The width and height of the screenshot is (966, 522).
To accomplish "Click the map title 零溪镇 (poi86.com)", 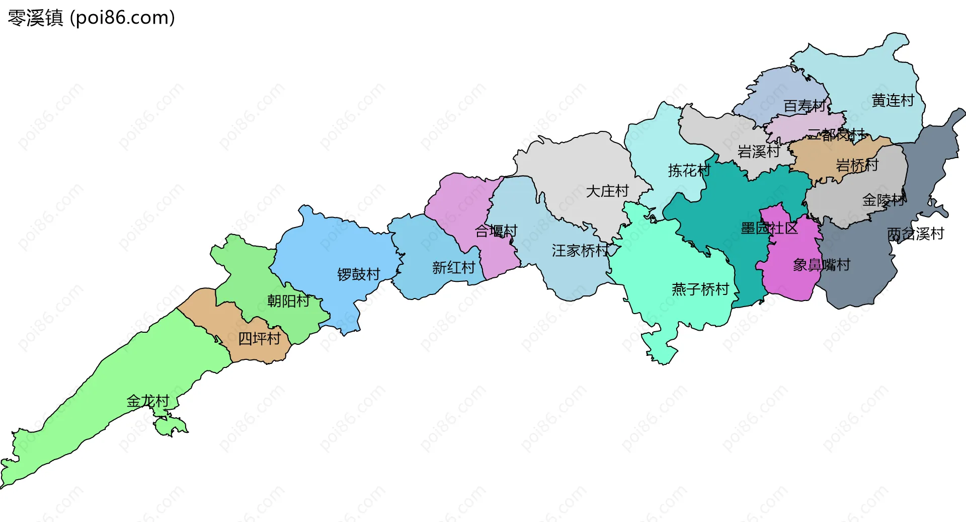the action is (91, 18).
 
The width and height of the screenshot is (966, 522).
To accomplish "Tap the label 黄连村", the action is (893, 101).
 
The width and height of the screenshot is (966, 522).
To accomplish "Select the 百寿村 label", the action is (804, 106).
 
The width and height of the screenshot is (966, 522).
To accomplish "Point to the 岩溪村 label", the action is (758, 152).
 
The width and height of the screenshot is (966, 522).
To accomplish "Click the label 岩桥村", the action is (857, 165).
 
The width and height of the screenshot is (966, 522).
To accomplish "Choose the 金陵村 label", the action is (883, 200).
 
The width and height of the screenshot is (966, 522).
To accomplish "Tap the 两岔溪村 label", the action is (915, 234).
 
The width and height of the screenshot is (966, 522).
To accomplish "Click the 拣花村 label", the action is (689, 171).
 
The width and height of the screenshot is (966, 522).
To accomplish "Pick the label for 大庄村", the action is (607, 191).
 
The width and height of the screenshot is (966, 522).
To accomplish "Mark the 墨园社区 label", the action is (769, 229).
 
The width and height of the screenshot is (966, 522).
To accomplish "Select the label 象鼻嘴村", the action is (821, 265).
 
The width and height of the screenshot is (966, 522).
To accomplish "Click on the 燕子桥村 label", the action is (700, 289).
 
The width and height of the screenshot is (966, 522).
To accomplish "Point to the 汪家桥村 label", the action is (580, 251).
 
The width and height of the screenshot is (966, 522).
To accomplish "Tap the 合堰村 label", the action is (496, 231).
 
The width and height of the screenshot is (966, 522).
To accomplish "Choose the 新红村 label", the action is (453, 268).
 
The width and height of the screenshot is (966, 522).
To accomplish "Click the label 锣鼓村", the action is (358, 275).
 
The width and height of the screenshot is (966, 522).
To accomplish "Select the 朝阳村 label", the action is (288, 301).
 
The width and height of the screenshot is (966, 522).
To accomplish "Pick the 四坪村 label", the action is (259, 339).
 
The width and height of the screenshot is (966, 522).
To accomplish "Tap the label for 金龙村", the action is (147, 401).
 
